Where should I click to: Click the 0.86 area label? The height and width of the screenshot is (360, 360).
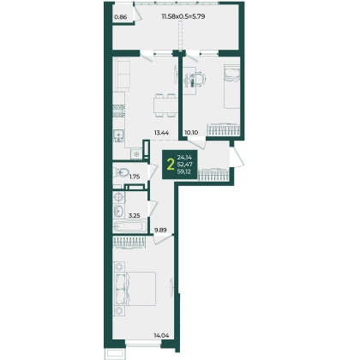[x=120, y=17]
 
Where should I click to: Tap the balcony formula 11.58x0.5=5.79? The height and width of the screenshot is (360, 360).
[x=183, y=16]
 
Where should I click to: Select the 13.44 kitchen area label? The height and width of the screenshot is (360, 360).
[x=161, y=133]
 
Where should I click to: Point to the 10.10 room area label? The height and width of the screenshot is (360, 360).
[x=191, y=133]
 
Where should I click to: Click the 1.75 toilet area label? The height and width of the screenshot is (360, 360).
[x=135, y=177]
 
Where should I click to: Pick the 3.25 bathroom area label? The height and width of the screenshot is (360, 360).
[x=134, y=215]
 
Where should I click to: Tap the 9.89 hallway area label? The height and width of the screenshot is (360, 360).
[x=160, y=230]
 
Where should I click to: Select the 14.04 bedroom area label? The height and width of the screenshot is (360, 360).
[x=161, y=335]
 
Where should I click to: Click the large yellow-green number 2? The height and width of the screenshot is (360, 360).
[x=171, y=165]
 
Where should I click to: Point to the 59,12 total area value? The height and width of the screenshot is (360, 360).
[x=184, y=171]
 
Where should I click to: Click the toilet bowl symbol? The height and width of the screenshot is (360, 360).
[x=122, y=172]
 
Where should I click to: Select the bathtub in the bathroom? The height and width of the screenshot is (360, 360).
[x=129, y=227]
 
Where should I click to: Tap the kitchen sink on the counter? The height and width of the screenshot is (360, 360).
[x=117, y=135]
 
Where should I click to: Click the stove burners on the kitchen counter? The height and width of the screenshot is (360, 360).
[x=119, y=111]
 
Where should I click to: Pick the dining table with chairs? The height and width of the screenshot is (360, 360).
[x=164, y=105]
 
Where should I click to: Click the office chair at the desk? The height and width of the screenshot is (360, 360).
[x=199, y=79]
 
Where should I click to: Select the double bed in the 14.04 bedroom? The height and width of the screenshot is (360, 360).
[x=135, y=289]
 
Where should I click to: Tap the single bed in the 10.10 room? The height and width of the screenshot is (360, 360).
[x=231, y=87]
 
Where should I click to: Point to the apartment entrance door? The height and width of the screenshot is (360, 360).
[x=237, y=156]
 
